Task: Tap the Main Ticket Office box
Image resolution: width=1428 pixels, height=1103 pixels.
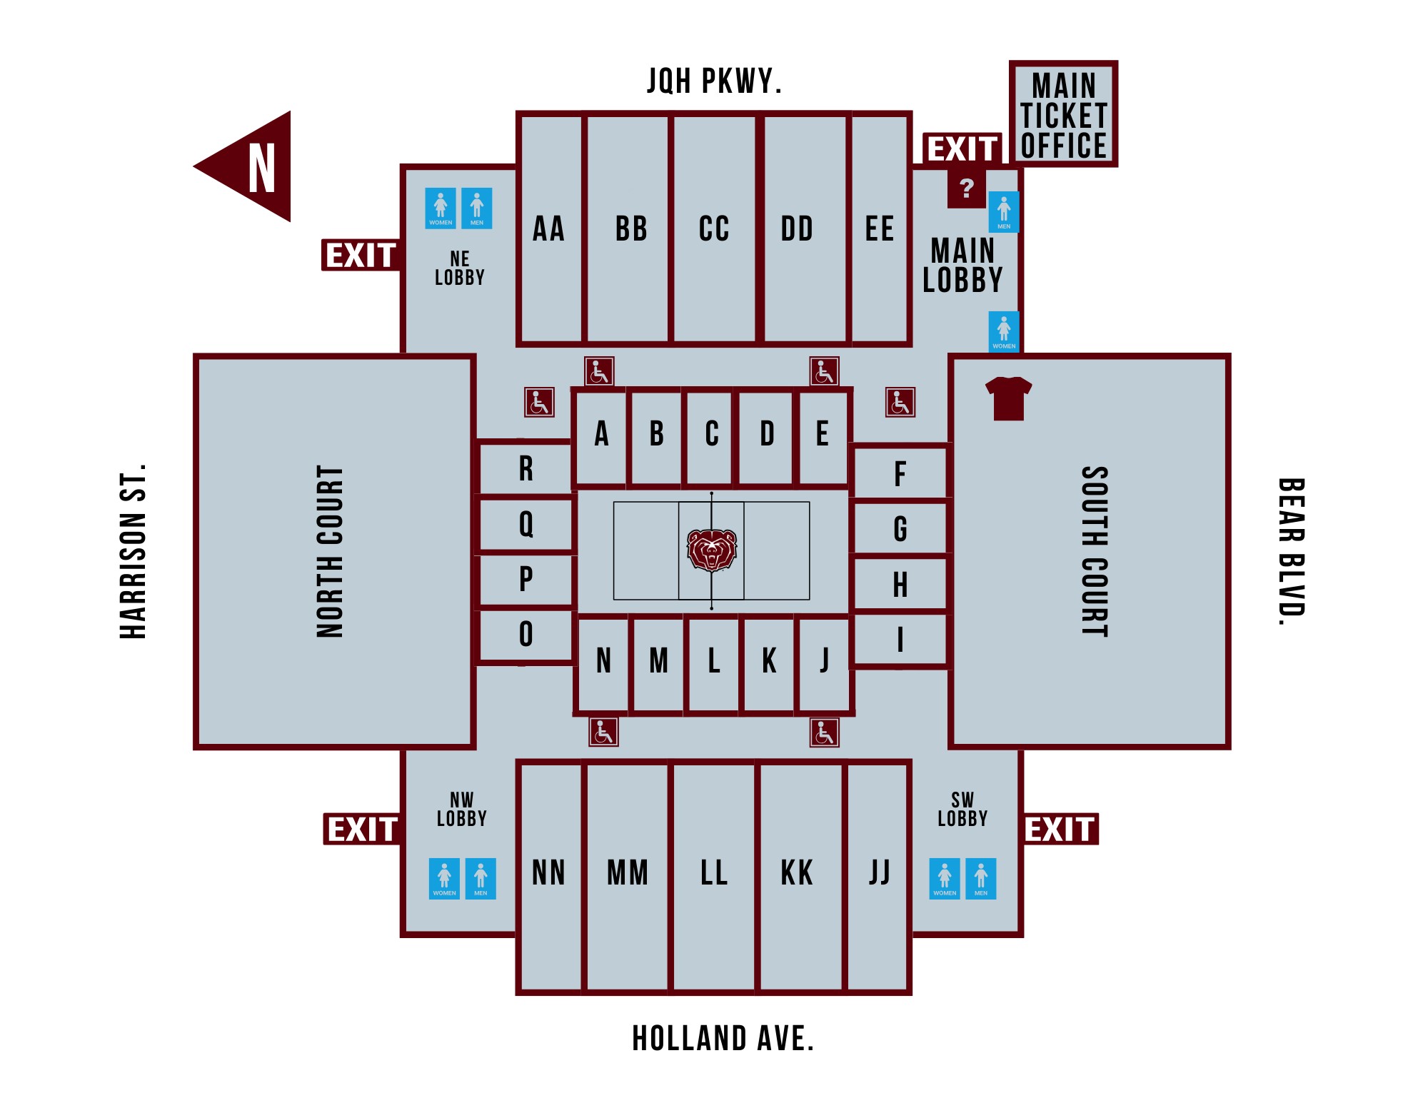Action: [x=1063, y=114]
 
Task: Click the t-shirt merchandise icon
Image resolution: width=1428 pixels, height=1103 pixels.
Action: [x=1008, y=398]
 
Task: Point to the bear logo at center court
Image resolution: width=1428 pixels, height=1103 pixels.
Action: [x=711, y=550]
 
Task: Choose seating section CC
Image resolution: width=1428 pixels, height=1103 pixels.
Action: [x=714, y=228]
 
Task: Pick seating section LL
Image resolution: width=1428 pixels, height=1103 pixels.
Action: [x=714, y=873]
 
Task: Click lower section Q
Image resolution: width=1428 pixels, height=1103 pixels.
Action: [x=526, y=524]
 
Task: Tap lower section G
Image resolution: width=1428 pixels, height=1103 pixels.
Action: [x=900, y=529]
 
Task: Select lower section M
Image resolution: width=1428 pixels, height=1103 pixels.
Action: [x=658, y=661]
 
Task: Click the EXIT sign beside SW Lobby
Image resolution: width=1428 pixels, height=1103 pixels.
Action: [x=1060, y=830]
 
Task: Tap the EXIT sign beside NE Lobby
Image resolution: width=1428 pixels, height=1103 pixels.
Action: [x=361, y=256]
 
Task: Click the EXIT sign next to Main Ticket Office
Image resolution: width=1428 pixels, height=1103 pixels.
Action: [x=962, y=149]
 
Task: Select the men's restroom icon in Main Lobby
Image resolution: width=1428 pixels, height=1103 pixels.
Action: [x=1004, y=211]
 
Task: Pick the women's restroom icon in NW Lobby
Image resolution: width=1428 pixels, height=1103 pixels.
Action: [x=444, y=878]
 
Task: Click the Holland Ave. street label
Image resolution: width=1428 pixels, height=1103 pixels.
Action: [x=723, y=1039]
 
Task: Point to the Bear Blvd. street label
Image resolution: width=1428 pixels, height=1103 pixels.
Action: [x=1291, y=551]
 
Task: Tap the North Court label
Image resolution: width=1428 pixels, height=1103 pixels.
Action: [x=330, y=551]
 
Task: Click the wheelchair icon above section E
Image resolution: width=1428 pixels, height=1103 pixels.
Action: [x=824, y=372]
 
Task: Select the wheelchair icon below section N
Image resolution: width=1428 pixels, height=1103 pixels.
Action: [x=603, y=732]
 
